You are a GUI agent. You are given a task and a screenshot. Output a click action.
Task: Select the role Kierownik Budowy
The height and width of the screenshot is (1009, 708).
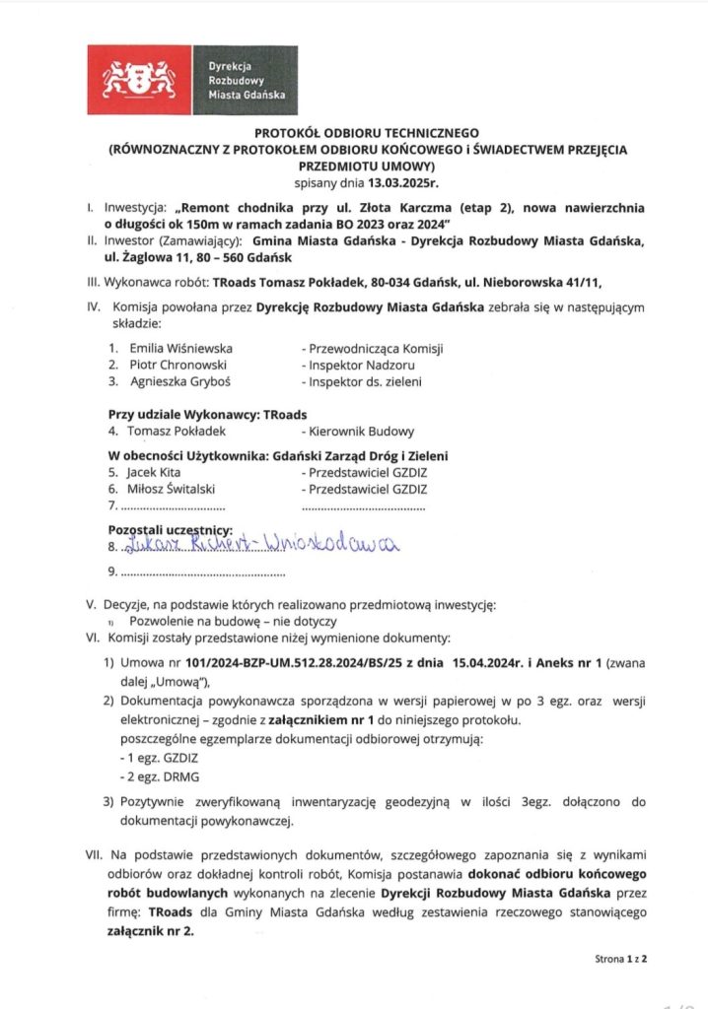[x=361, y=431]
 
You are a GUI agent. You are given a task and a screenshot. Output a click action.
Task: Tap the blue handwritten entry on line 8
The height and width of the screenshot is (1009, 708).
[x=256, y=545]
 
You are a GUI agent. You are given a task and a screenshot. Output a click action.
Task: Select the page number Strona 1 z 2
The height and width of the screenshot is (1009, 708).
[x=620, y=957]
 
